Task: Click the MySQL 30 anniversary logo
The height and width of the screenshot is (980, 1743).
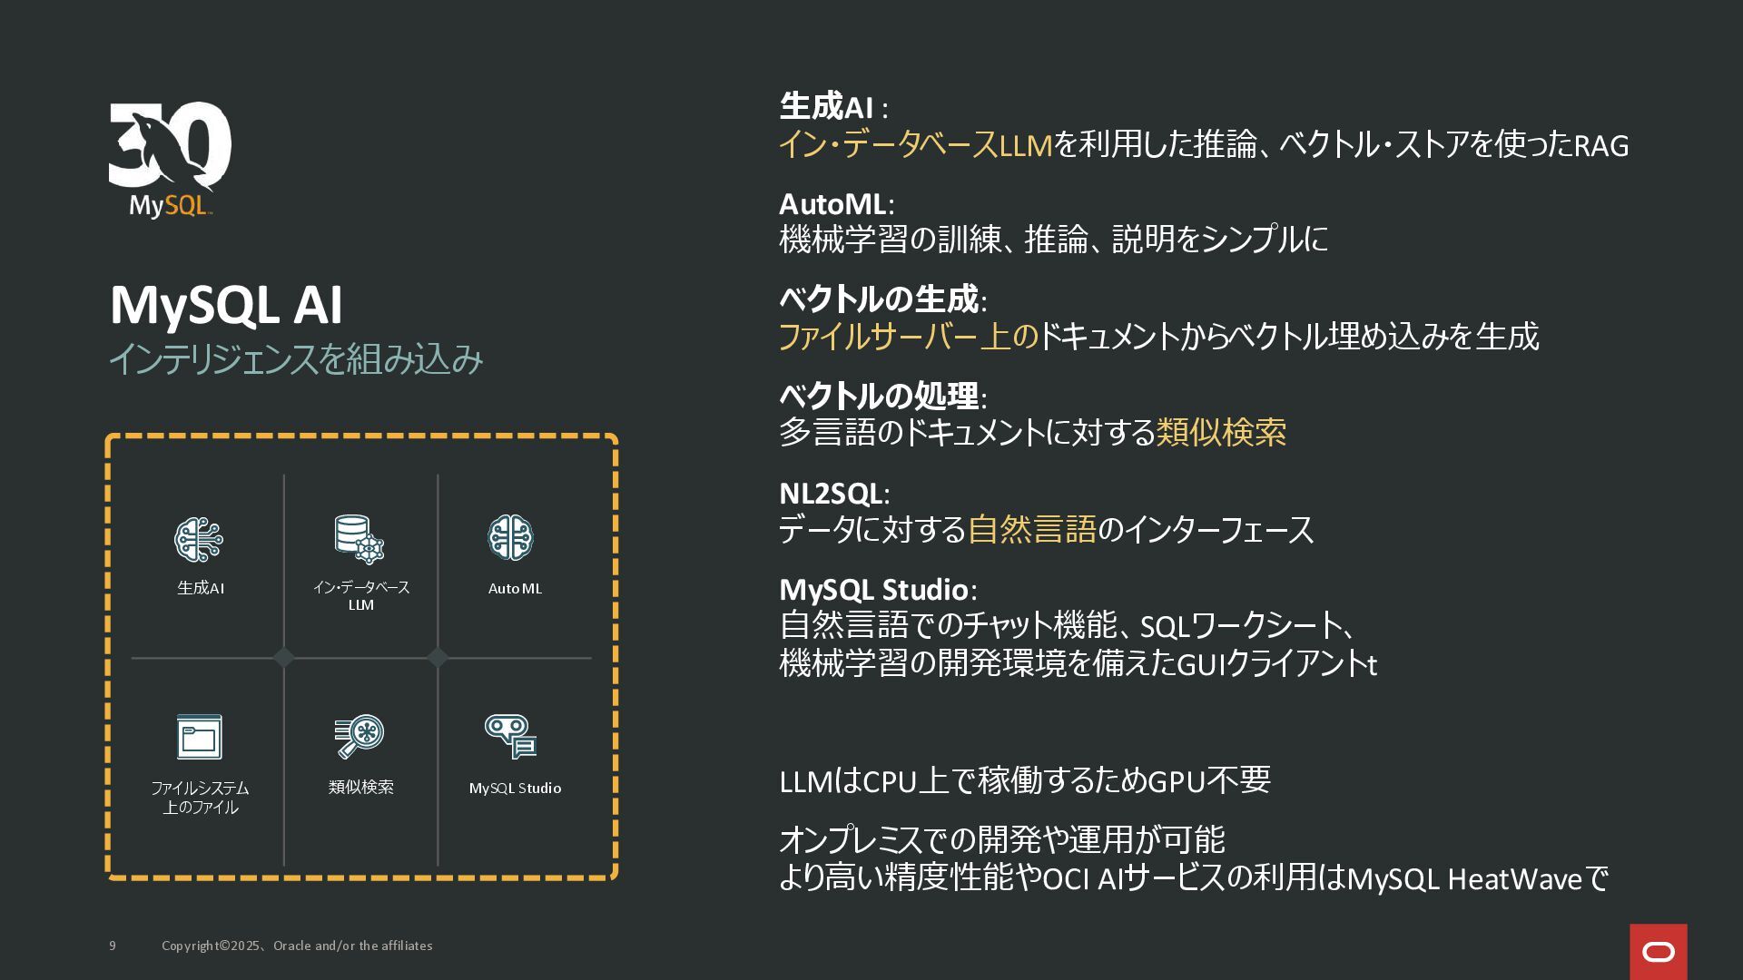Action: [170, 159]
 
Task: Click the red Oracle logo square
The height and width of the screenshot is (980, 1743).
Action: [1658, 951]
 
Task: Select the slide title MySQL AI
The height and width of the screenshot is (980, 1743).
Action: [226, 305]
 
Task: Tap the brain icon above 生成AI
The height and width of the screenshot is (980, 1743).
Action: [199, 539]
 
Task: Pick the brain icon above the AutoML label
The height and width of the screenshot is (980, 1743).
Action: [511, 538]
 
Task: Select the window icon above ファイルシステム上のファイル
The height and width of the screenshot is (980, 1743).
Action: [199, 737]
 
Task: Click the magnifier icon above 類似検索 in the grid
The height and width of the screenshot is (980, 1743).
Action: [359, 737]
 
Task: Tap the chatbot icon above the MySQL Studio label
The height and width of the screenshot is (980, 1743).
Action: [511, 736]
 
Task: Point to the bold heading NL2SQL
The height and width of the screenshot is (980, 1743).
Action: [831, 494]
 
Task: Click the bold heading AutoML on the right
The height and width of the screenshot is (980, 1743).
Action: [832, 203]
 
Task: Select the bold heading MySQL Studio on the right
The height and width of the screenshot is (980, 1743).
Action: [873, 590]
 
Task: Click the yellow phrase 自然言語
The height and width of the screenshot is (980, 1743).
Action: [1032, 529]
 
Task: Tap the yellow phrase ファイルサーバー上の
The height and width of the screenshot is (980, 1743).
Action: [908, 337]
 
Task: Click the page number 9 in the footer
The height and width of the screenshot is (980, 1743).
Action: [113, 946]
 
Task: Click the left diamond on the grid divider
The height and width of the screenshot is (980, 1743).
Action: [284, 658]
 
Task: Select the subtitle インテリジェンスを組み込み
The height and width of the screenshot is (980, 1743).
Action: [296, 359]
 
